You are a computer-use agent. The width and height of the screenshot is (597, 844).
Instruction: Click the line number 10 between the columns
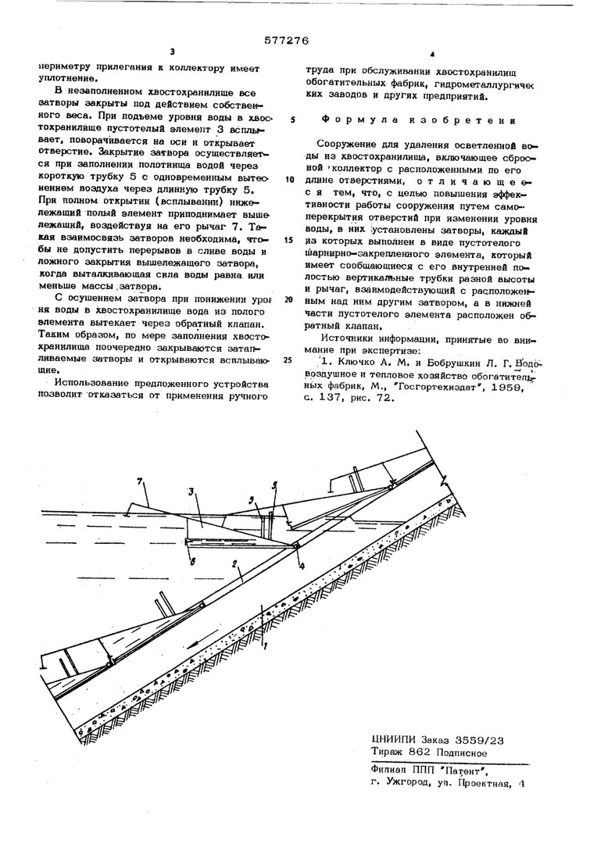tap(289, 179)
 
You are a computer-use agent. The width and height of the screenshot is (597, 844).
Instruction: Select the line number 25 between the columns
tap(289, 360)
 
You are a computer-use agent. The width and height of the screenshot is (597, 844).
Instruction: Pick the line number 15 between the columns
tap(289, 240)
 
